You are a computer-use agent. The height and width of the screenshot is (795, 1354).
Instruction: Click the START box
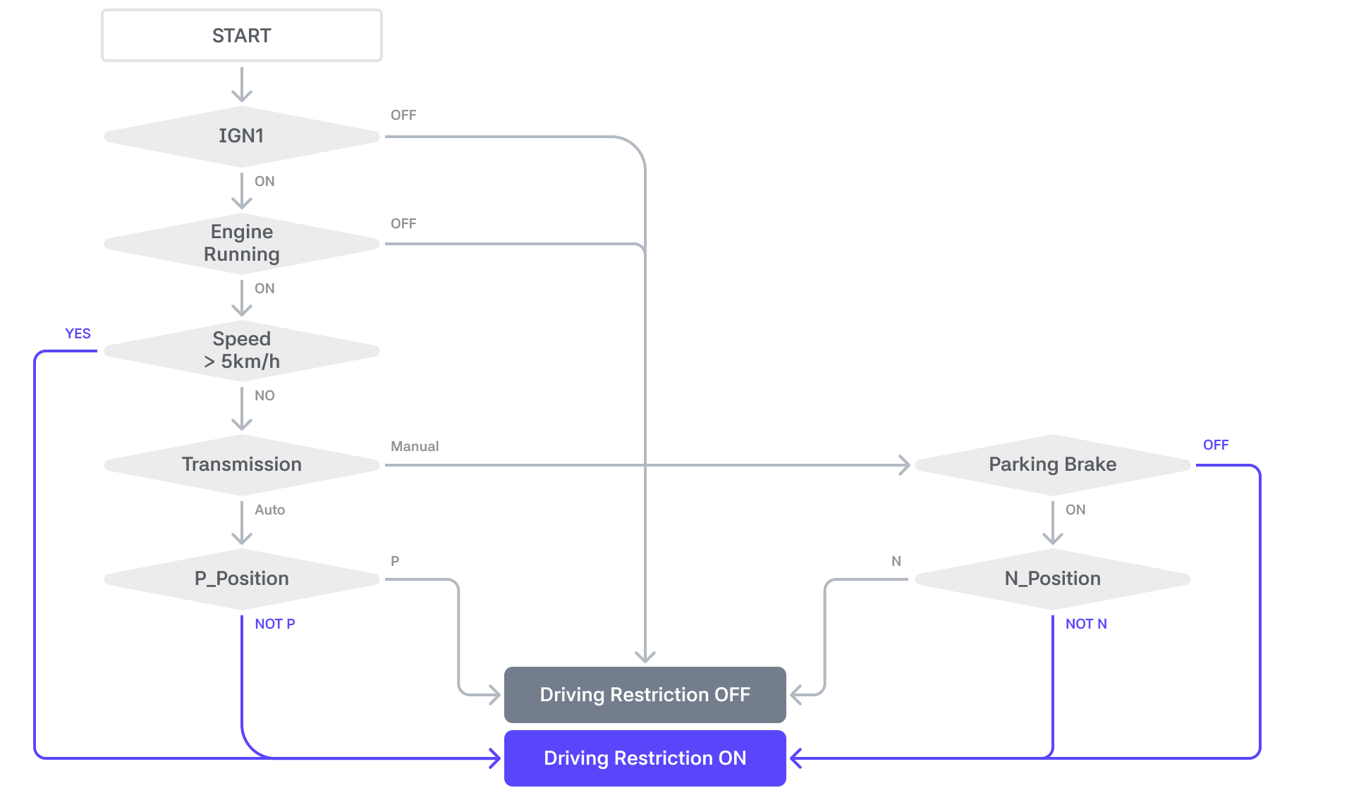[242, 35]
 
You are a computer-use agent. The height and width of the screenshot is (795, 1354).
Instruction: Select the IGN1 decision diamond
[242, 136]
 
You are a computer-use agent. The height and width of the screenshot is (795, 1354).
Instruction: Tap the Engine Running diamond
[242, 243]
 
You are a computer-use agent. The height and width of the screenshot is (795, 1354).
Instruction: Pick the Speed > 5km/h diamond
[242, 350]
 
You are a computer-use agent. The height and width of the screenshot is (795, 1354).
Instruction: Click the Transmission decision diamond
[242, 464]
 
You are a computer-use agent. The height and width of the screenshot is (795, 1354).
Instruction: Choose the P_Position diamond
[242, 579]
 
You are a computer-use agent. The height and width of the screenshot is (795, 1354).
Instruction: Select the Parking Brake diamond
[1053, 464]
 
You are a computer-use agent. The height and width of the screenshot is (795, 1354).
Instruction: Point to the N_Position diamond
[1053, 579]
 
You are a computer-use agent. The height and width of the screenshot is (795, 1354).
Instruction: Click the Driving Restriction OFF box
[645, 695]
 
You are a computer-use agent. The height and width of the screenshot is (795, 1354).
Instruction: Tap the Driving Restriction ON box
[645, 758]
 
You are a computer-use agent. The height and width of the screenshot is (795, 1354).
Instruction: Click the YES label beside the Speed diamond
[78, 333]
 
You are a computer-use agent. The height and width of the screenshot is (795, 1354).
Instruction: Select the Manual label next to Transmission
[415, 446]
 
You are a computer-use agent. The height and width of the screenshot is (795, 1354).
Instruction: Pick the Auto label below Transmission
[270, 510]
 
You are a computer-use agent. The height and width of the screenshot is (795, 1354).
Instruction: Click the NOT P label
[275, 624]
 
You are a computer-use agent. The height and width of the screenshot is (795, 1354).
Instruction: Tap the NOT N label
[1086, 624]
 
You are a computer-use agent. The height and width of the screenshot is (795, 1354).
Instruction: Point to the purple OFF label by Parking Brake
[1216, 445]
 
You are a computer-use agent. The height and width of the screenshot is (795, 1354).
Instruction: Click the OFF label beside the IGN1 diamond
[403, 115]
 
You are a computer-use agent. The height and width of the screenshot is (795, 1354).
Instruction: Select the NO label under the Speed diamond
[264, 395]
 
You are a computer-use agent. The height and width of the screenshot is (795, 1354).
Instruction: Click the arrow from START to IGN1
[242, 85]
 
